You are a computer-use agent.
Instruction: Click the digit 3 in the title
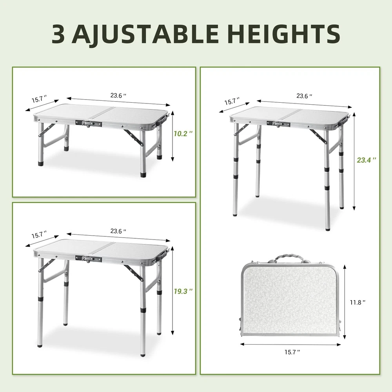pyautogui.click(x=58, y=34)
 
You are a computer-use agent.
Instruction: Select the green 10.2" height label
pyautogui.click(x=183, y=134)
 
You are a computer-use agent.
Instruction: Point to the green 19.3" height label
pyautogui.click(x=183, y=291)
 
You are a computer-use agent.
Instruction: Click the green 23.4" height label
pyautogui.click(x=367, y=160)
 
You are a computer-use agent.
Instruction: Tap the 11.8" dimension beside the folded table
pyautogui.click(x=358, y=303)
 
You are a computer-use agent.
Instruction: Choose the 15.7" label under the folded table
pyautogui.click(x=292, y=352)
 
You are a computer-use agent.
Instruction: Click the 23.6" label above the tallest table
pyautogui.click(x=305, y=96)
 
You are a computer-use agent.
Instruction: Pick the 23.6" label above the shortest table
pyautogui.click(x=118, y=96)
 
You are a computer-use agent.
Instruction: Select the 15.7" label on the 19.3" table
pyautogui.click(x=39, y=235)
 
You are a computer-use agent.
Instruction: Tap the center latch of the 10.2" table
pyautogui.click(x=89, y=123)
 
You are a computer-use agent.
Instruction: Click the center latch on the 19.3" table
pyautogui.click(x=89, y=259)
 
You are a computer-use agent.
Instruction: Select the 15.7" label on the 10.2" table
pyautogui.click(x=39, y=99)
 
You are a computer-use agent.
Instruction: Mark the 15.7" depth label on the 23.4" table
pyautogui.click(x=232, y=101)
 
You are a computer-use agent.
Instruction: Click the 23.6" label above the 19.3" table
pyautogui.click(x=118, y=231)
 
